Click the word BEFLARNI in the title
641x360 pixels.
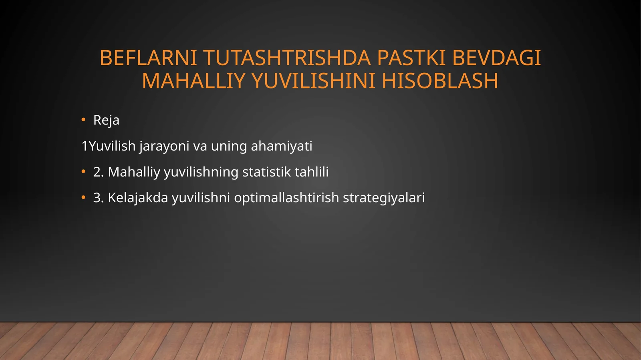148,58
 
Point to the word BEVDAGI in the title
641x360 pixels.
496,58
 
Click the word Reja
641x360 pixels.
106,120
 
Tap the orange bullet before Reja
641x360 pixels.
83,120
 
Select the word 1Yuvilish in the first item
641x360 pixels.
108,146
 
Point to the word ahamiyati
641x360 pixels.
281,146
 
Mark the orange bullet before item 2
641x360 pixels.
83,172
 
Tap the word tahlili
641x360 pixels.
311,172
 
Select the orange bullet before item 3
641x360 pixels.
83,198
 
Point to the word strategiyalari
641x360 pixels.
383,198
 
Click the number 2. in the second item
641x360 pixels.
99,172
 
